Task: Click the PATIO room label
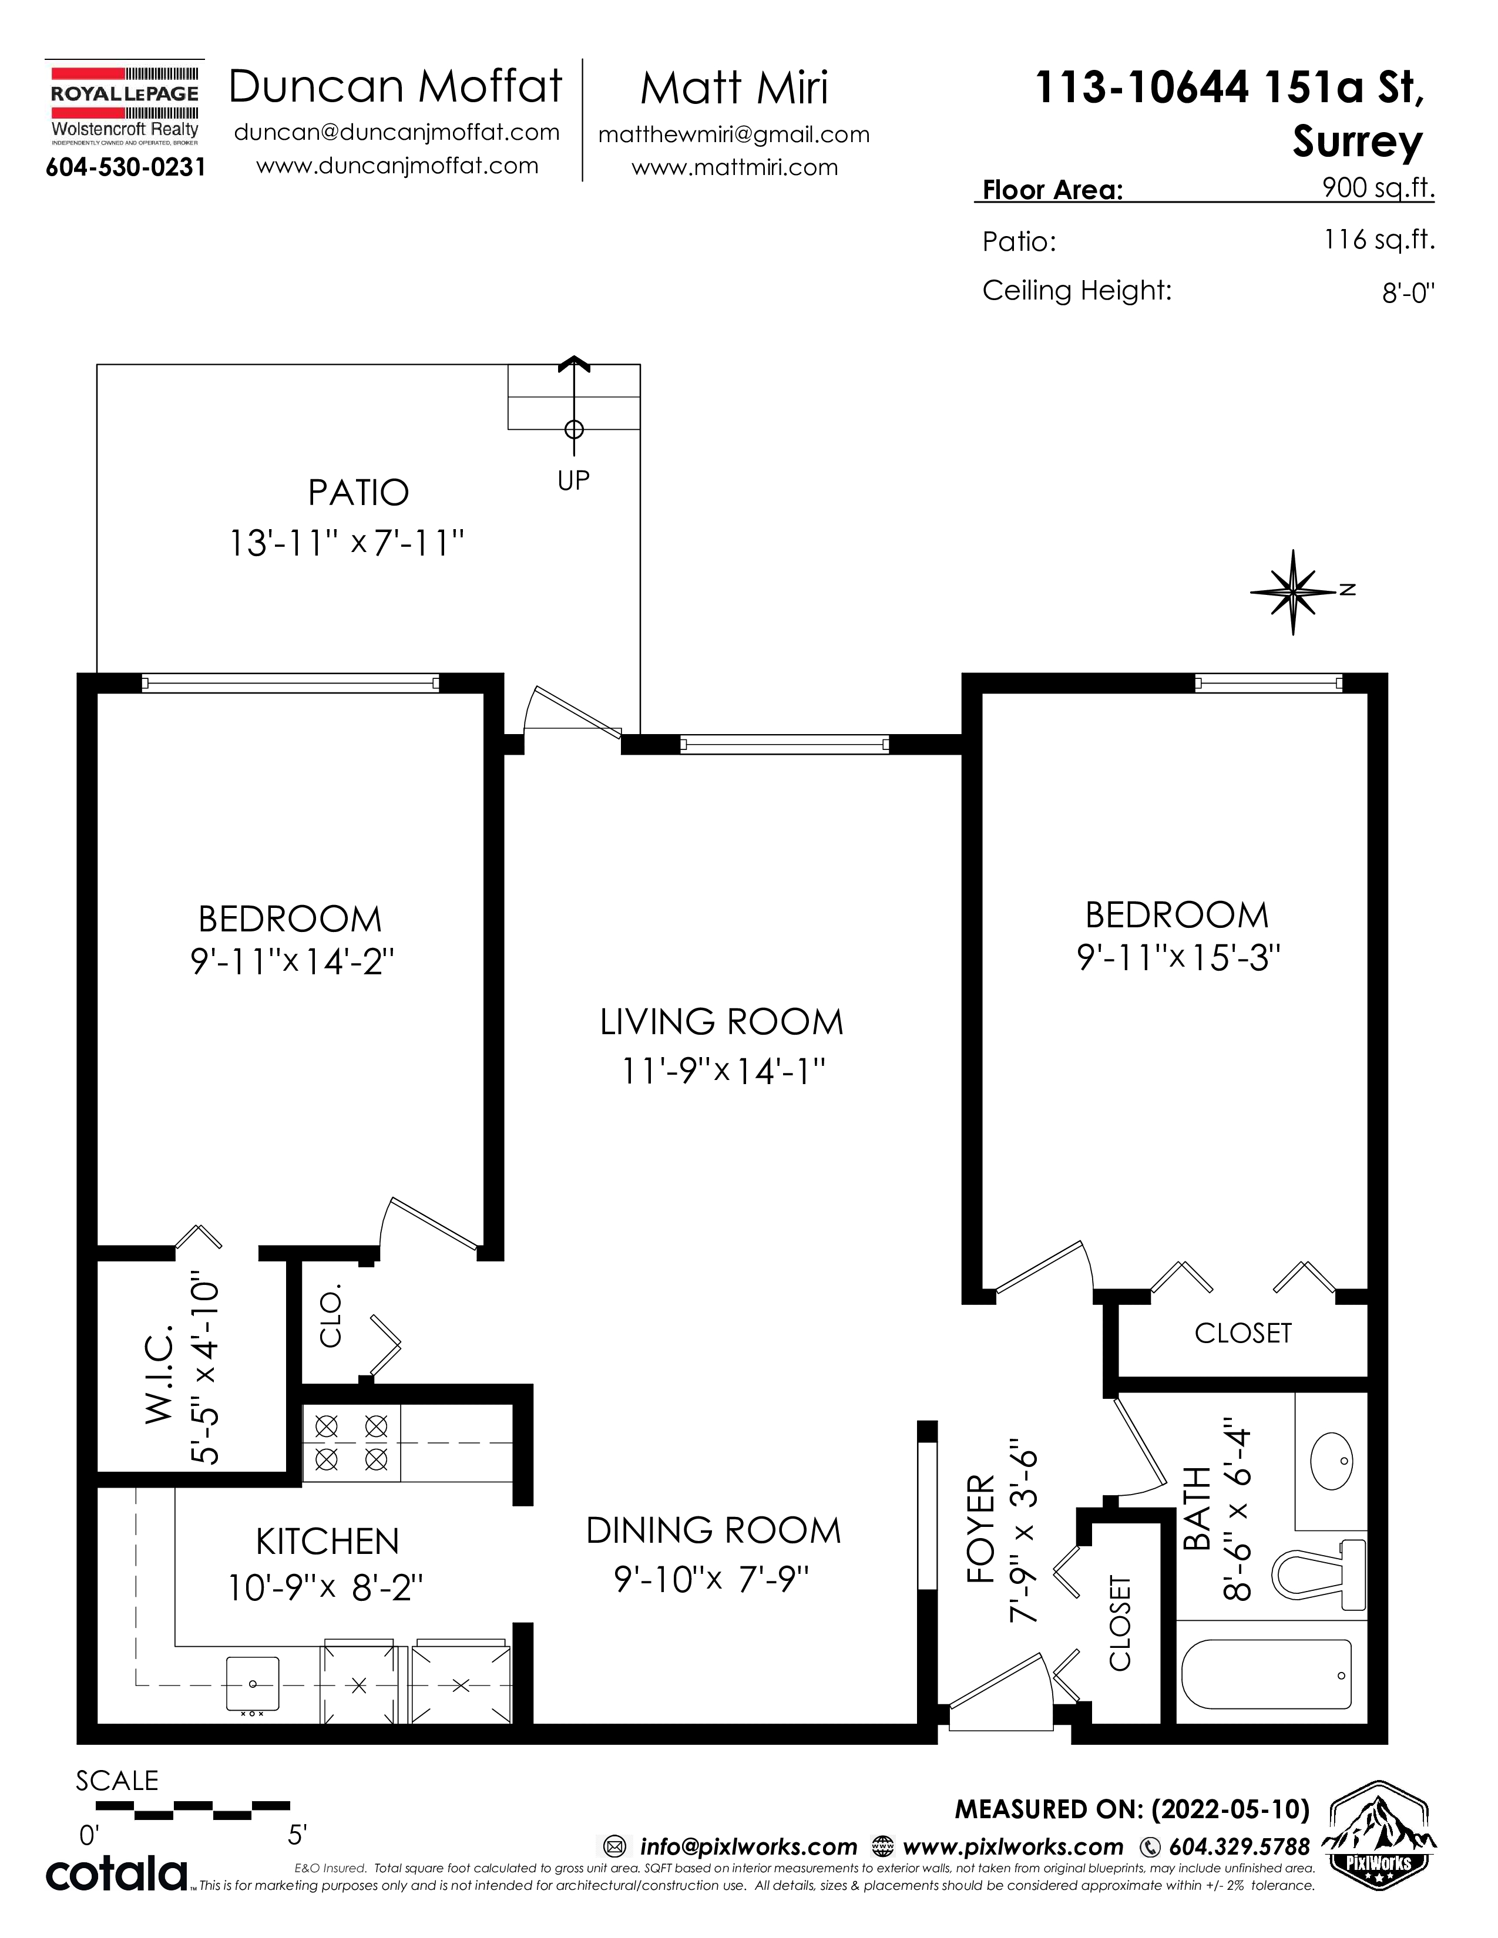pyautogui.click(x=358, y=493)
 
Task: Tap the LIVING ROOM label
pyautogui.click(x=721, y=1022)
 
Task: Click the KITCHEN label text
pyautogui.click(x=327, y=1542)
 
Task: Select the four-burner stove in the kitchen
pyautogui.click(x=351, y=1442)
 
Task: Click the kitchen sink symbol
pyautogui.click(x=253, y=1683)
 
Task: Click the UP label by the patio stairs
pyautogui.click(x=573, y=480)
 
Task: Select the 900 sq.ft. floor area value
pyautogui.click(x=1378, y=187)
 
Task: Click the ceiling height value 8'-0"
pyautogui.click(x=1408, y=293)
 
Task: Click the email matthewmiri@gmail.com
pyautogui.click(x=734, y=135)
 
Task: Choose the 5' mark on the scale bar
pyautogui.click(x=297, y=1834)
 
